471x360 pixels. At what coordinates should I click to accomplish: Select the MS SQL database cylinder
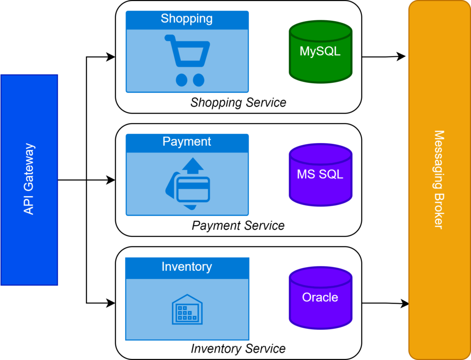pos(320,175)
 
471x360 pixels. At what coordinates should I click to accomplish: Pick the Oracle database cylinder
pos(320,297)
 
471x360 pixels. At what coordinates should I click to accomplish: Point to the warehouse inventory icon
pos(187,309)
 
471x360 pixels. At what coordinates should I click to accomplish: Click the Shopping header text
pos(187,19)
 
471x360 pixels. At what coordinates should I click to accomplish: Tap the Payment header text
pos(187,142)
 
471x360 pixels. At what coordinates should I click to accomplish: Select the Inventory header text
pos(187,267)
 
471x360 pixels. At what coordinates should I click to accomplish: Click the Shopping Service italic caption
pos(238,103)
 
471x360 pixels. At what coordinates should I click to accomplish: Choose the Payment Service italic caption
pos(238,226)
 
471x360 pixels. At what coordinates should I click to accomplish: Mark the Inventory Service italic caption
pos(238,349)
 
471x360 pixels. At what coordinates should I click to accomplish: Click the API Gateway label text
pos(29,179)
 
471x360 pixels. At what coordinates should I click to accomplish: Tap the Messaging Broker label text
pos(439,180)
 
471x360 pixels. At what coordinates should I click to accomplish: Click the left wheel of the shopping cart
pos(181,80)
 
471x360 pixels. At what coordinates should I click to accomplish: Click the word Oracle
pos(320,297)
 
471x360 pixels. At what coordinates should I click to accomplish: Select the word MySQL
pos(320,51)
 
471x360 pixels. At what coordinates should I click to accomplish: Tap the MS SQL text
pos(320,175)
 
